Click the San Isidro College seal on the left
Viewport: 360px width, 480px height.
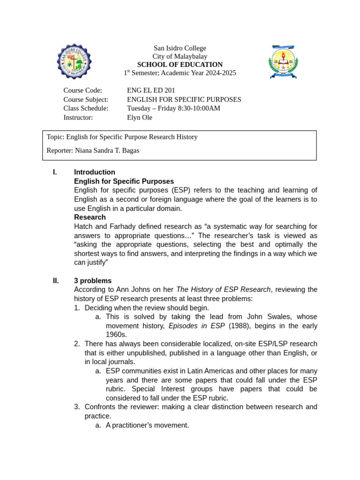pyautogui.click(x=74, y=61)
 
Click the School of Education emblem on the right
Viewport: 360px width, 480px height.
pyautogui.click(x=283, y=61)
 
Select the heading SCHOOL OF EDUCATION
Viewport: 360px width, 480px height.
pyautogui.click(x=180, y=65)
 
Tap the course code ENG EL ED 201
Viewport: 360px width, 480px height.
pyautogui.click(x=151, y=90)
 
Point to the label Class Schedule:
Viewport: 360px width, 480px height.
pyautogui.click(x=86, y=108)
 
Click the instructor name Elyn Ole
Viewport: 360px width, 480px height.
pyautogui.click(x=139, y=118)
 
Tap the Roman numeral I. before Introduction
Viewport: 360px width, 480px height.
pyautogui.click(x=55, y=172)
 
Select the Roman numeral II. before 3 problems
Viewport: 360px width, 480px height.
pyautogui.click(x=56, y=281)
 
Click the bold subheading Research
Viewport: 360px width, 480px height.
pyautogui.click(x=90, y=217)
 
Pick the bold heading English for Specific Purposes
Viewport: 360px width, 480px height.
pyautogui.click(x=124, y=181)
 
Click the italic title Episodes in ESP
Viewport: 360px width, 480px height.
pyautogui.click(x=196, y=326)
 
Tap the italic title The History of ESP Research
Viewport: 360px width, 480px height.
pyautogui.click(x=223, y=290)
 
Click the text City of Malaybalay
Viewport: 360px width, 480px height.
pyautogui.click(x=180, y=56)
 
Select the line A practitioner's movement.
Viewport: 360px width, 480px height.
pyautogui.click(x=147, y=425)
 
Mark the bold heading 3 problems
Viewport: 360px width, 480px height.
pyautogui.click(x=93, y=281)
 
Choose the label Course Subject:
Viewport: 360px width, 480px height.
pyautogui.click(x=86, y=99)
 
